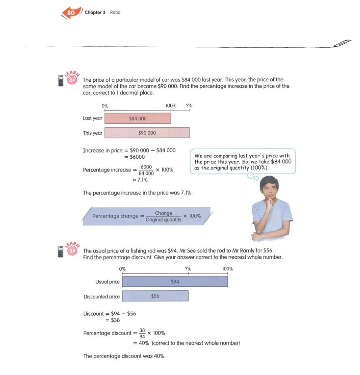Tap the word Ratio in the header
point(115,13)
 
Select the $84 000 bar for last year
point(138,118)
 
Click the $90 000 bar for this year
point(147,133)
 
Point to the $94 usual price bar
point(175,281)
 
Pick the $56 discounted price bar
point(155,296)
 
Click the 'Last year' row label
point(92,118)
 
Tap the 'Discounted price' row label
point(102,297)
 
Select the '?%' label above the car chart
point(189,106)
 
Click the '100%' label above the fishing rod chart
point(227,269)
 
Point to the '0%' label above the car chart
point(105,106)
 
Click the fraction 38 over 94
point(142,333)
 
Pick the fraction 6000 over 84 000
point(146,170)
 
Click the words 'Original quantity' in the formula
point(163,220)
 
